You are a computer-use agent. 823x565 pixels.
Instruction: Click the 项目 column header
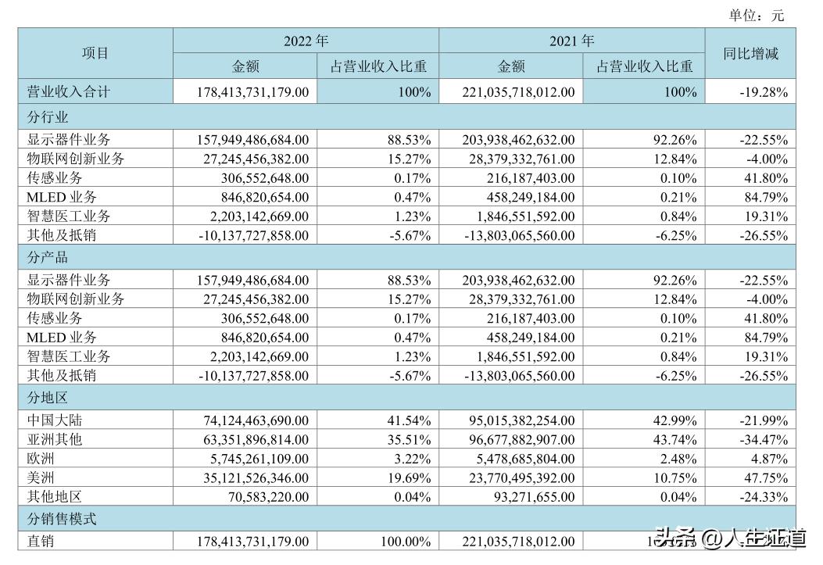95,53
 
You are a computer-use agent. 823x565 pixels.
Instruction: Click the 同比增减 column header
750,53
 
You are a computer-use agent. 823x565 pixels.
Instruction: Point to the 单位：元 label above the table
756,15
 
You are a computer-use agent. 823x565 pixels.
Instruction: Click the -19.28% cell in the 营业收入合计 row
763,92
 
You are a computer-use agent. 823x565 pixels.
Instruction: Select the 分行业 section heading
48,117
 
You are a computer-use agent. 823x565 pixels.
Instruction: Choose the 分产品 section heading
48,257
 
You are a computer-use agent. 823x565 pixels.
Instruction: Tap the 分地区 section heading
48,398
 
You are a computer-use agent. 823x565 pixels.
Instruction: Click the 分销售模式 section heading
62,518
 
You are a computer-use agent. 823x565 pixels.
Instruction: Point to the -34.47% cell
763,439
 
